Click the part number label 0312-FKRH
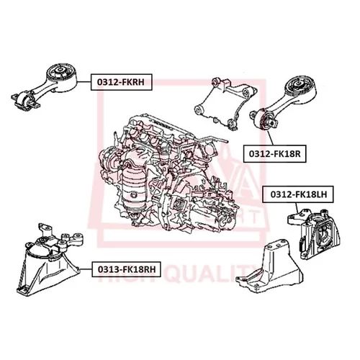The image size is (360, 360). [x=120, y=83]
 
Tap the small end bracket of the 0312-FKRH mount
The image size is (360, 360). [x=24, y=99]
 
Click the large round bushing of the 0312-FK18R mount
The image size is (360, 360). [x=300, y=89]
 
